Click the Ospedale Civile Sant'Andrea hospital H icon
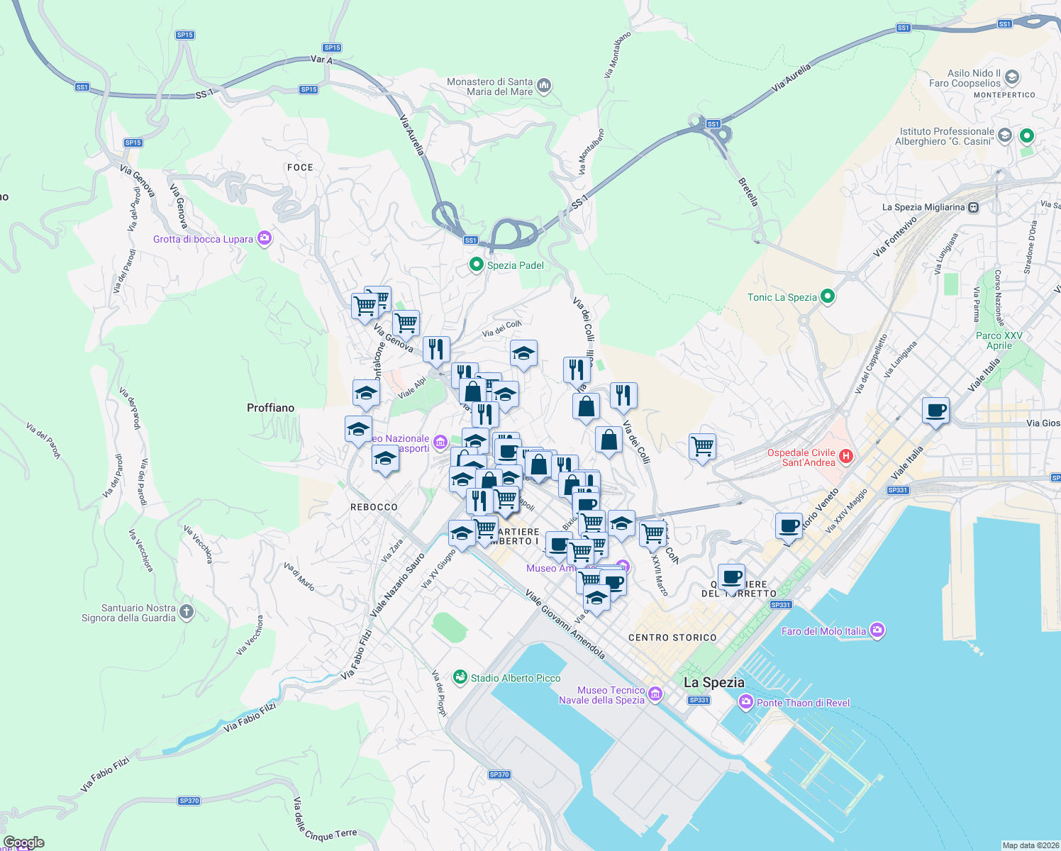(x=845, y=456)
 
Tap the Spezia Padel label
(x=515, y=265)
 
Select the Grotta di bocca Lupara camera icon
(x=265, y=238)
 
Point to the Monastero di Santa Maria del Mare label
(x=490, y=87)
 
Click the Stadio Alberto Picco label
(x=515, y=678)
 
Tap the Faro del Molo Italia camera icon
(x=877, y=630)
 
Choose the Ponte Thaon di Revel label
(x=803, y=703)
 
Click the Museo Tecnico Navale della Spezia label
(x=602, y=695)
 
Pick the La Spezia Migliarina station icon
(x=974, y=207)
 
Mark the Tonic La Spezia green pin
(x=827, y=296)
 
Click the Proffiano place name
(x=270, y=408)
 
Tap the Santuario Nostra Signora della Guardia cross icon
(x=187, y=611)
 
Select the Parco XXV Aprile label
(x=999, y=340)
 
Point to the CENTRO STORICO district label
(x=672, y=638)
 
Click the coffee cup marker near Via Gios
(x=936, y=411)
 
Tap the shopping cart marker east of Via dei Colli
(x=702, y=447)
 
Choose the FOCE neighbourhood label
(x=300, y=167)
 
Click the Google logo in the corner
(x=23, y=842)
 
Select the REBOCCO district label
(x=374, y=507)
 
